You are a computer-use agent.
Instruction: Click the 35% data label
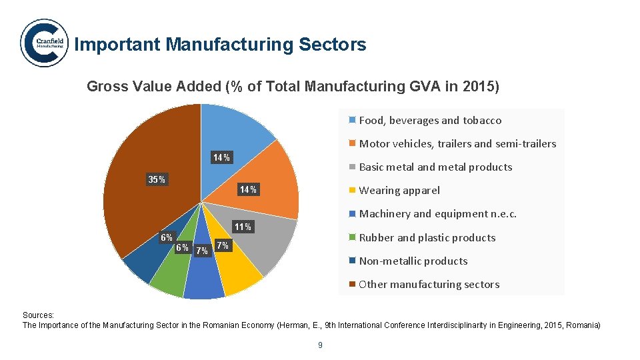tap(157, 179)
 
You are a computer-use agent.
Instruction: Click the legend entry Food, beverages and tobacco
tap(430, 121)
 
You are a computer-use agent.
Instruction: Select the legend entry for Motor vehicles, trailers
tap(457, 144)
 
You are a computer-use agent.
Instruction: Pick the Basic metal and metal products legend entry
tap(435, 167)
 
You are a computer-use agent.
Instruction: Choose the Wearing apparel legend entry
tap(399, 191)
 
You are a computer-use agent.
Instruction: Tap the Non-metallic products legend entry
tap(413, 261)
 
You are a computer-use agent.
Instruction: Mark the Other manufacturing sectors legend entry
tap(429, 285)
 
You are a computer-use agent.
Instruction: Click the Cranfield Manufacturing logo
tap(44, 43)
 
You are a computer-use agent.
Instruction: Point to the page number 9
tap(320, 345)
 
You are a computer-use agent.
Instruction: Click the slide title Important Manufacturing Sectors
tap(220, 45)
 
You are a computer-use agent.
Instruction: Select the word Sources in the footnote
tap(38, 315)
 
